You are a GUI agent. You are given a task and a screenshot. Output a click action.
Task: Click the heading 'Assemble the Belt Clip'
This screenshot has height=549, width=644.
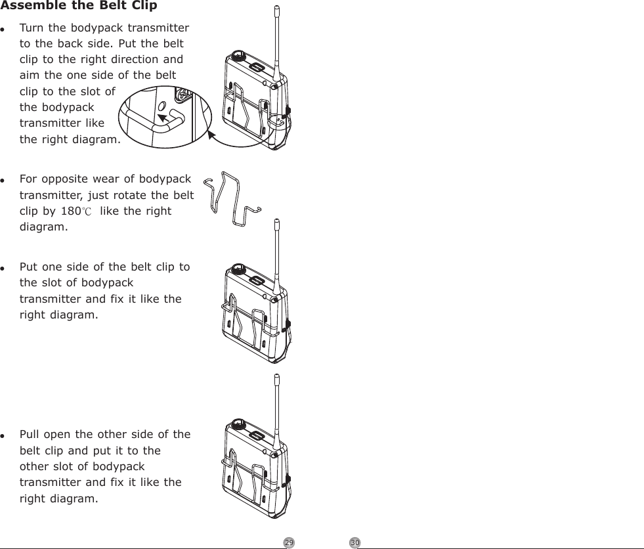[79, 7]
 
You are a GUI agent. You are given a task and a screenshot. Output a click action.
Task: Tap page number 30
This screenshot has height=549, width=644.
[354, 542]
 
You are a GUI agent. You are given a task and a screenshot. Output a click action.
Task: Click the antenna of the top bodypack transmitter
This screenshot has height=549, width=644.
[277, 39]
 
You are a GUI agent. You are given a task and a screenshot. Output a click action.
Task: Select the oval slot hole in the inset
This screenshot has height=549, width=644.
[162, 106]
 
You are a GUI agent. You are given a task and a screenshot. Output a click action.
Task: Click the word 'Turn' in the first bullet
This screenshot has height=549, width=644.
[31, 28]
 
